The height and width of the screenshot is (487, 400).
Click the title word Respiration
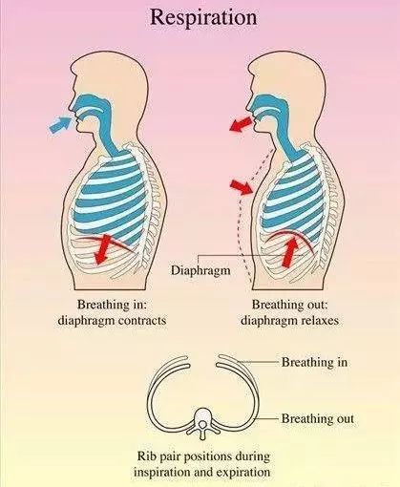click(203, 17)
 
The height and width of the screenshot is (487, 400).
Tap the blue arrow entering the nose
click(61, 125)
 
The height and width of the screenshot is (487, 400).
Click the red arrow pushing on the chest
click(242, 186)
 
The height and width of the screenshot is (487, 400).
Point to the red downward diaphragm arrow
click(103, 249)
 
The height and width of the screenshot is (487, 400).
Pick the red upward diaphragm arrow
click(290, 252)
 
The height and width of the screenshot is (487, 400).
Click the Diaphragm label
click(200, 270)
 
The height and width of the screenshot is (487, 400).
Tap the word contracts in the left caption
click(141, 320)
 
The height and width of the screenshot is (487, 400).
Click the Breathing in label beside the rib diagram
click(314, 362)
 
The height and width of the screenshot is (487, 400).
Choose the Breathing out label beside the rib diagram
click(318, 418)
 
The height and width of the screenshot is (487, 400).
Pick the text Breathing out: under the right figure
click(289, 305)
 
